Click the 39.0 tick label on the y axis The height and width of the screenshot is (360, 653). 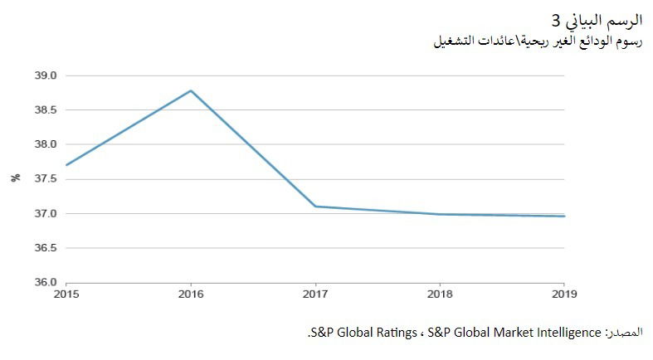point(46,75)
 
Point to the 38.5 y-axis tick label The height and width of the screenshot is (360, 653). point(46,109)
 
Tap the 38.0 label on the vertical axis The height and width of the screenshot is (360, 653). point(46,144)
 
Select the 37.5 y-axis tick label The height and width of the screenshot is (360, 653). point(46,179)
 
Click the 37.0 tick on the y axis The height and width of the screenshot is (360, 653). point(46,213)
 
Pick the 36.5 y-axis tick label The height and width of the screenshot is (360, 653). point(46,248)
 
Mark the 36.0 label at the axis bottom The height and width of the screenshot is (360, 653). point(46,282)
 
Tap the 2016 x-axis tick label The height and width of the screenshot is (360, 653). point(191,294)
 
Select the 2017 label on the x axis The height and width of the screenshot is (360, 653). point(316,294)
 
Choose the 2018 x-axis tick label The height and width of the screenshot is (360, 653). point(441,294)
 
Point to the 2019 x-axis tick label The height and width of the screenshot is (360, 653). point(565,294)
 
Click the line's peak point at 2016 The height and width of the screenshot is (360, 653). point(191,90)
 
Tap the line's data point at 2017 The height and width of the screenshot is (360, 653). point(316,207)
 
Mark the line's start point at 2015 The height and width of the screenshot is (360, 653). point(66,165)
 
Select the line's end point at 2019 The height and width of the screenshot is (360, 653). point(565,216)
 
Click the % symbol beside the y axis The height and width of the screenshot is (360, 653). point(16,178)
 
